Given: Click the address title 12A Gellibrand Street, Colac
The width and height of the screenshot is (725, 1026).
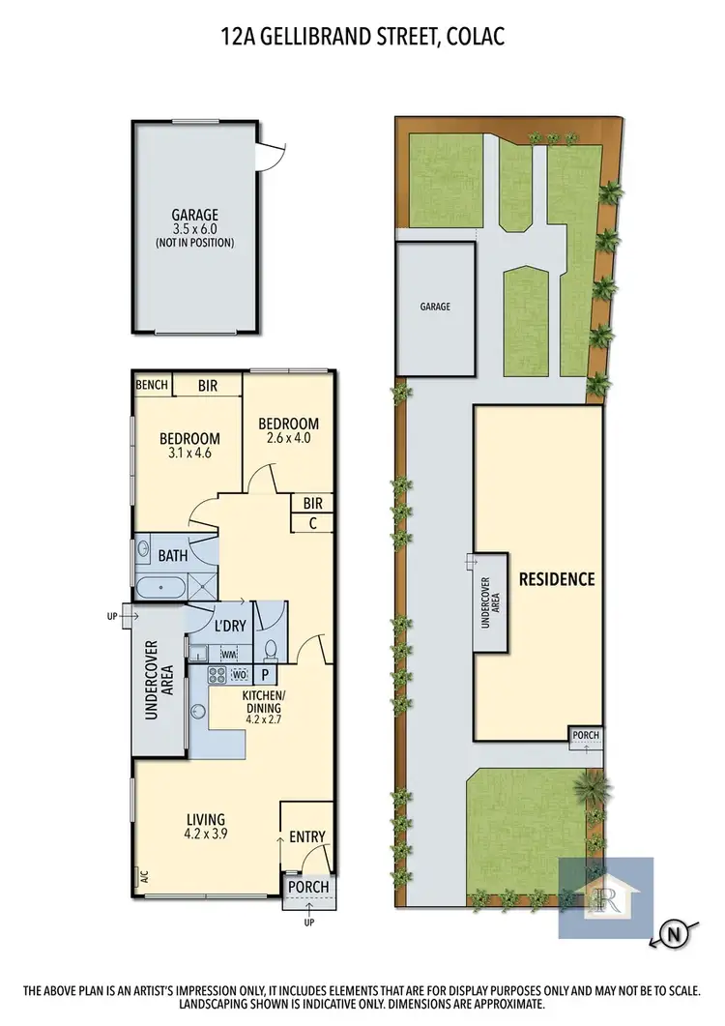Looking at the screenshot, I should [x=362, y=37].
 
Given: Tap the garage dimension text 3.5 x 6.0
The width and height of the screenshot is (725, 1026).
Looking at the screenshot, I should [x=195, y=229].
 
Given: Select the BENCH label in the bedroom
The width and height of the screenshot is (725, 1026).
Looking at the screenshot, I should [x=152, y=385].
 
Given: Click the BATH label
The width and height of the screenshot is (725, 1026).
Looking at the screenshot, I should [x=173, y=555].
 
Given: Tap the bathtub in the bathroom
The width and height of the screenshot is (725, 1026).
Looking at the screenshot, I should [x=160, y=586].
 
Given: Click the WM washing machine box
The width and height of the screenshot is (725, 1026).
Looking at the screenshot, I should [x=229, y=655].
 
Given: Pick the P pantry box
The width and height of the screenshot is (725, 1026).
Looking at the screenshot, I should [x=266, y=673].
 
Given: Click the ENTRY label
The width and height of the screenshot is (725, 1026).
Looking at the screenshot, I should [x=307, y=836].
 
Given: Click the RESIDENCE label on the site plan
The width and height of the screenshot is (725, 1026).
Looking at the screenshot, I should [x=556, y=579].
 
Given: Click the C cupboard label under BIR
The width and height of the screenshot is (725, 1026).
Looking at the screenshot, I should [x=312, y=523].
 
